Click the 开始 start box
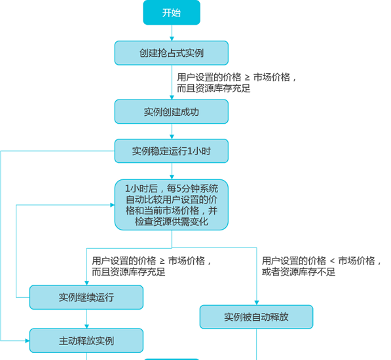[172, 12]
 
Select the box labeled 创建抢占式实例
[172, 53]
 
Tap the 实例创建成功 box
[172, 112]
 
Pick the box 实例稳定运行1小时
[172, 151]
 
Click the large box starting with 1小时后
[172, 205]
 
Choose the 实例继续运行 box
[86, 297]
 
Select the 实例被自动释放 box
[256, 317]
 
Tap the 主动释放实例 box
[86, 340]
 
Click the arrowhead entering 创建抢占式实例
[172, 39]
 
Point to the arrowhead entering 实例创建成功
[172, 98]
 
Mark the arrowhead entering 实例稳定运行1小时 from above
[172, 137]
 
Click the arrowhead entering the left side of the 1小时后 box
[113, 205]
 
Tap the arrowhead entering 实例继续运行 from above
[86, 283]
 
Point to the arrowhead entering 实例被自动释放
[257, 302]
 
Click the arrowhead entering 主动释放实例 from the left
[28, 340]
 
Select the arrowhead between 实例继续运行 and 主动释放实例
[86, 327]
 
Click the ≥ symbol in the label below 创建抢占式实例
[247, 78]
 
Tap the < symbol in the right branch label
[332, 261]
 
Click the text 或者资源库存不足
[299, 272]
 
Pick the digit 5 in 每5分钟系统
[179, 189]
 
